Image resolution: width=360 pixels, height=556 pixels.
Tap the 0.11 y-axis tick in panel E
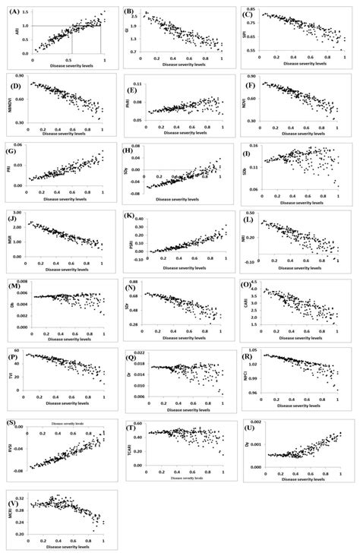[138, 84]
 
